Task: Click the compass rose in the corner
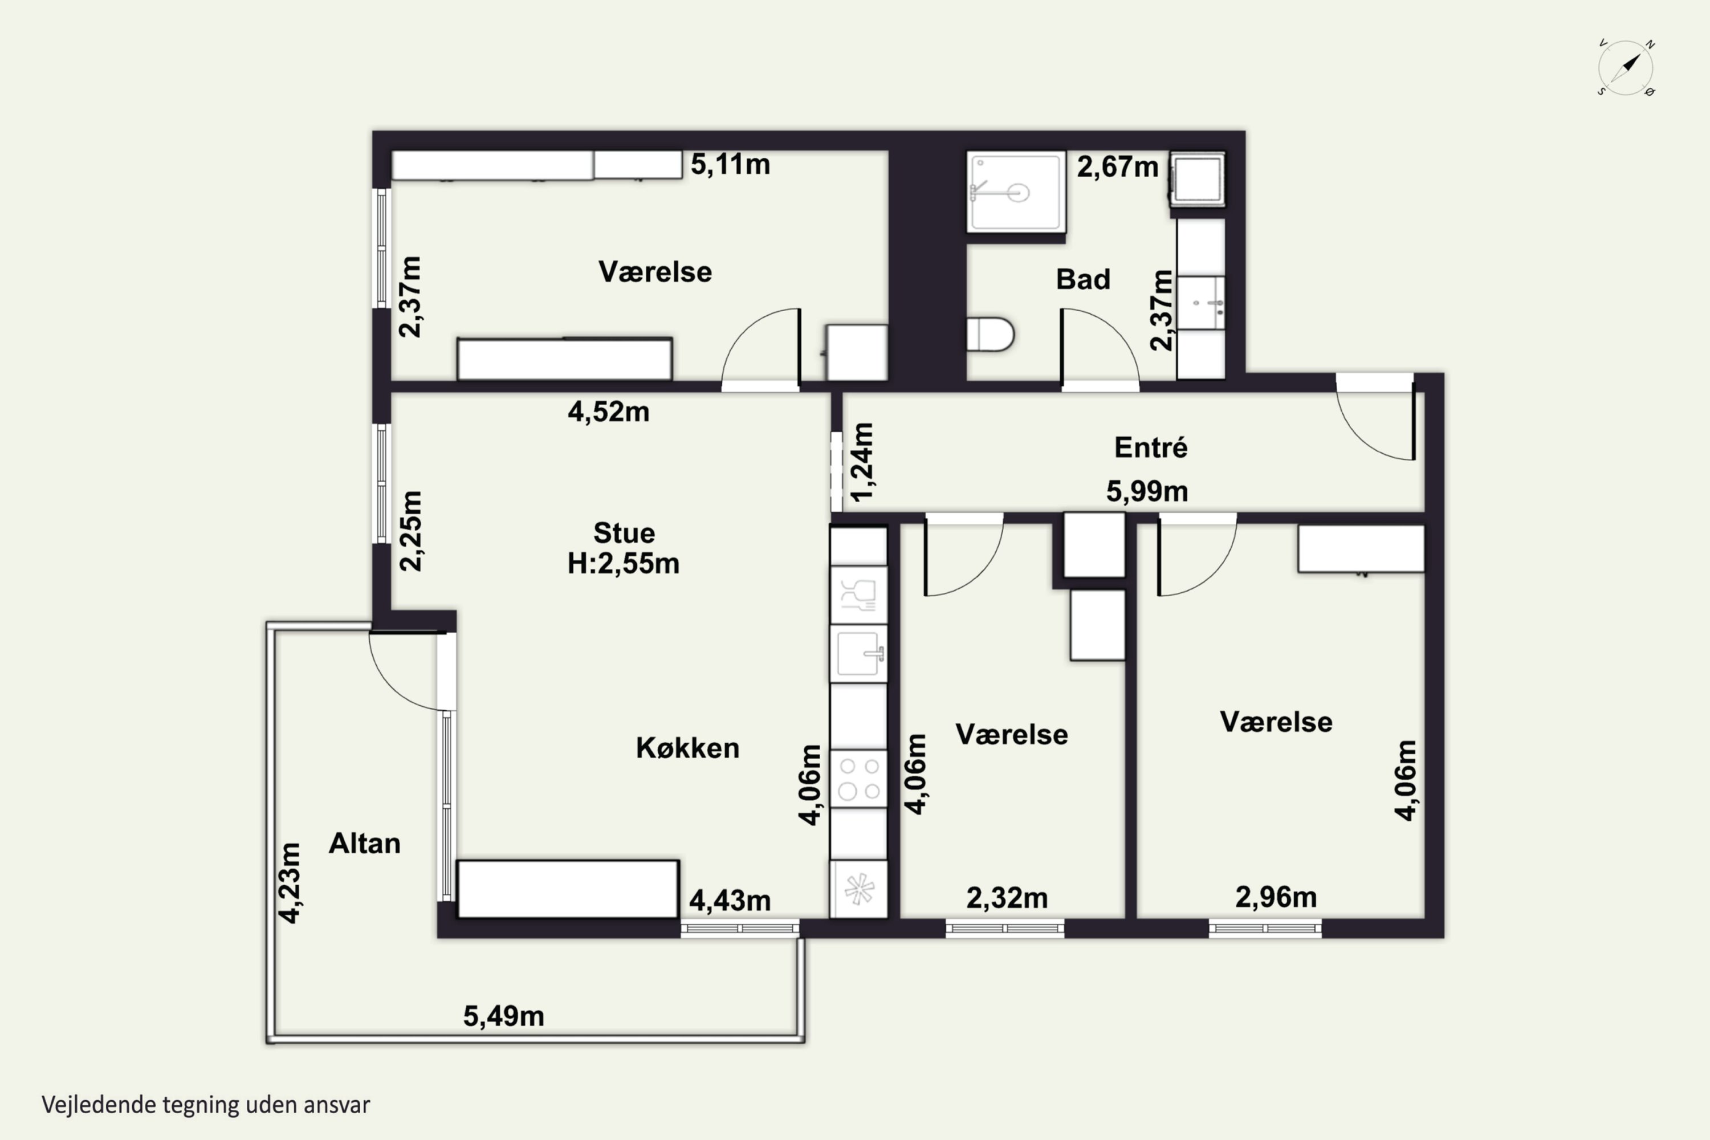click(x=1626, y=68)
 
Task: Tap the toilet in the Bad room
click(x=990, y=335)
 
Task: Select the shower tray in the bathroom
click(x=1016, y=192)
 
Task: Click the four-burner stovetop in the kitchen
click(x=858, y=779)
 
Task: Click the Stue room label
click(x=624, y=533)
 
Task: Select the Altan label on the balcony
click(x=364, y=844)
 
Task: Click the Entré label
click(x=1151, y=447)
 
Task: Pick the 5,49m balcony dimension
click(x=504, y=1016)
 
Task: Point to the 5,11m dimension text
click(x=730, y=164)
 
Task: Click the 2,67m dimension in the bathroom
click(x=1117, y=167)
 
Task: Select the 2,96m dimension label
click(x=1276, y=897)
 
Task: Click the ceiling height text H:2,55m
click(x=624, y=564)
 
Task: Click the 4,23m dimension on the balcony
click(x=290, y=883)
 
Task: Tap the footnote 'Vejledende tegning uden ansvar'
click(x=206, y=1105)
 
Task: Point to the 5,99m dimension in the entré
click(x=1147, y=491)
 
